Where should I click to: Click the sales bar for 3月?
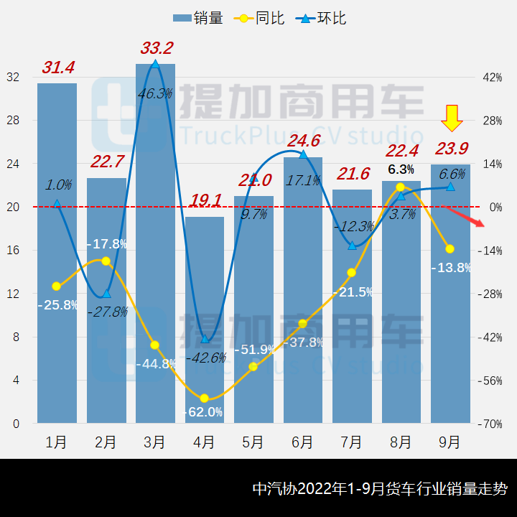pyautogui.click(x=155, y=244)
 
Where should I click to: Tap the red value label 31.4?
pyautogui.click(x=58, y=67)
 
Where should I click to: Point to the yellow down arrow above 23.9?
pyautogui.click(x=451, y=118)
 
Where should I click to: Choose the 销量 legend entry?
pyautogui.click(x=198, y=18)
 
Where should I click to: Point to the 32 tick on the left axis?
pyautogui.click(x=14, y=78)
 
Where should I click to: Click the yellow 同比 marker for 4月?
pyautogui.click(x=204, y=399)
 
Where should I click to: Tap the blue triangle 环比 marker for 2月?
pyautogui.click(x=106, y=293)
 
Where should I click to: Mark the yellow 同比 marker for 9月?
pyautogui.click(x=450, y=249)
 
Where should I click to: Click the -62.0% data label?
pyautogui.click(x=204, y=412)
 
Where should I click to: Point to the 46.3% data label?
pyautogui.click(x=156, y=93)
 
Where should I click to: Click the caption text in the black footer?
pyautogui.click(x=380, y=489)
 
